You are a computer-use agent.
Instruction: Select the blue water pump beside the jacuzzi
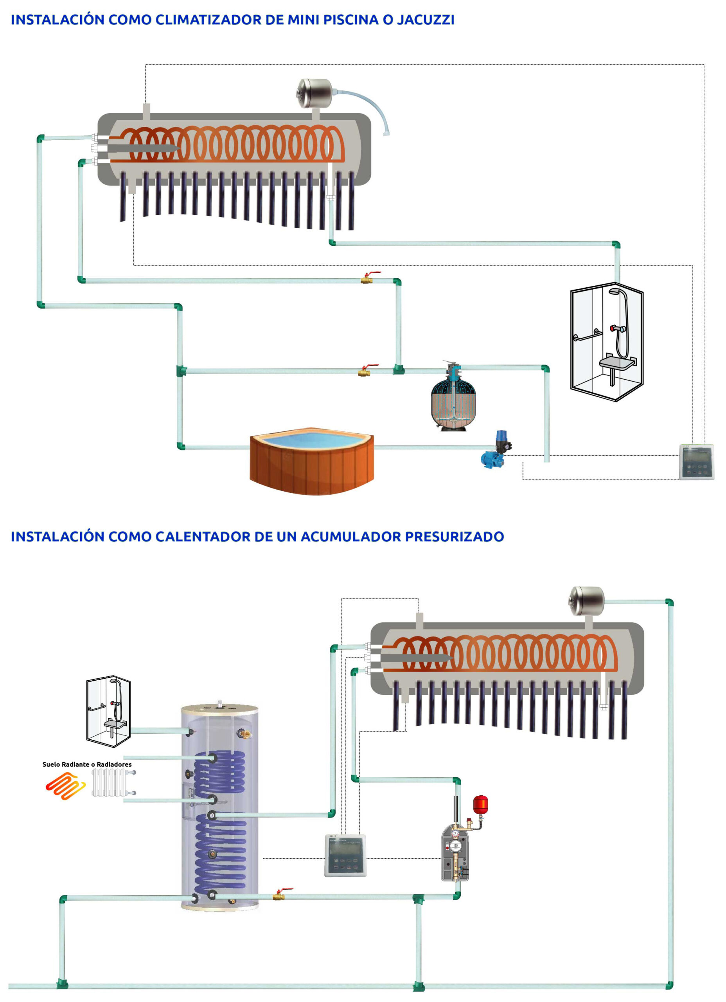[x=494, y=451]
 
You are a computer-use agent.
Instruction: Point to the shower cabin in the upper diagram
[x=607, y=342]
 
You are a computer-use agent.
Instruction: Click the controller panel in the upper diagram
[x=696, y=462]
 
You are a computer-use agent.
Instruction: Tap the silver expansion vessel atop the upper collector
[x=314, y=93]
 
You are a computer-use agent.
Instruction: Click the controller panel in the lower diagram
[x=345, y=855]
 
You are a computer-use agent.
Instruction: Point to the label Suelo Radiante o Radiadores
[x=87, y=764]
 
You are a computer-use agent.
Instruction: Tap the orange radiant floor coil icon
[x=65, y=786]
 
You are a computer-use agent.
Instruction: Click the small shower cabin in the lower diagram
[x=109, y=711]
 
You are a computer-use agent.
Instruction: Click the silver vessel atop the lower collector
[x=586, y=600]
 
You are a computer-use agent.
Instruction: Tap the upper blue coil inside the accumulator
[x=220, y=773]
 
